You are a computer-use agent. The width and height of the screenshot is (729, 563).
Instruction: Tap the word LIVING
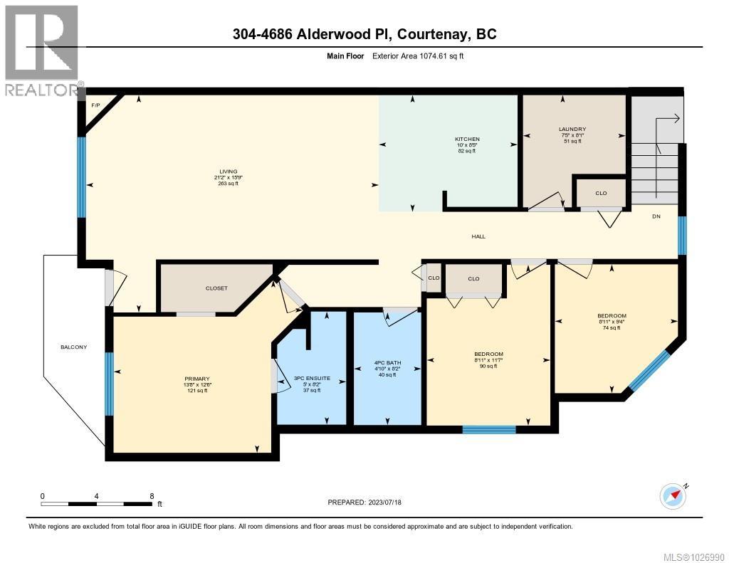tap(228, 171)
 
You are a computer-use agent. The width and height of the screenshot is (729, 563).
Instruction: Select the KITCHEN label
tap(467, 139)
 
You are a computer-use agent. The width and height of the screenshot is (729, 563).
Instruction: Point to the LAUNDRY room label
tap(572, 129)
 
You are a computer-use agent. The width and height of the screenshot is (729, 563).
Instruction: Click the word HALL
tap(478, 236)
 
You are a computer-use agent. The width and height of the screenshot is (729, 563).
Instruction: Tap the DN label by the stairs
tap(656, 216)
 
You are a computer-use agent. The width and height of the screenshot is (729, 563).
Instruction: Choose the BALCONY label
tap(73, 347)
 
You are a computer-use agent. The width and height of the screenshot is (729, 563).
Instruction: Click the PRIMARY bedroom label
tap(197, 379)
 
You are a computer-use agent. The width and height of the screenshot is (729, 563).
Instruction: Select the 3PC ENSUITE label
tap(310, 379)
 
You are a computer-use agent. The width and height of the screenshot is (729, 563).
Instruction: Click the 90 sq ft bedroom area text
tap(488, 367)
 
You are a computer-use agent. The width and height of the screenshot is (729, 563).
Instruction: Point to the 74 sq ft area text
tap(612, 328)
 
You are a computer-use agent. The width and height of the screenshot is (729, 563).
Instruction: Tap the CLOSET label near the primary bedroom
tap(216, 288)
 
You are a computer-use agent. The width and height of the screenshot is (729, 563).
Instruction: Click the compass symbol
tap(673, 495)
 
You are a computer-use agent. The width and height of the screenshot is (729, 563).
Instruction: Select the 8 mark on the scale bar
tap(152, 495)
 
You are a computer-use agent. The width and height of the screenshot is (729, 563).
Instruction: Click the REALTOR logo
tap(41, 50)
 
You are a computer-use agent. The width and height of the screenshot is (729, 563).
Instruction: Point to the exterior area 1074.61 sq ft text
tap(418, 56)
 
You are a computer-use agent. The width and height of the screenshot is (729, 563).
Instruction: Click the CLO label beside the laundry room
tap(601, 193)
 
